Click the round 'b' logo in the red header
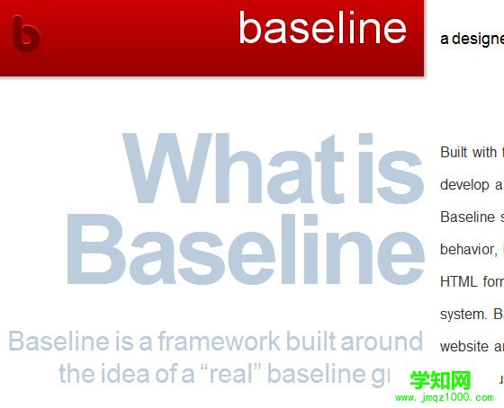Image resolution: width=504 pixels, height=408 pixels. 27,34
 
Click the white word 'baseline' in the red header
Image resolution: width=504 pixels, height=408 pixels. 322,28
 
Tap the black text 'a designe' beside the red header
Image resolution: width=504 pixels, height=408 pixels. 471,39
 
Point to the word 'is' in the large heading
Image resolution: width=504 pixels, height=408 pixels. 389,168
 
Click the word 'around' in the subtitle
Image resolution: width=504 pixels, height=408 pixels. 385,341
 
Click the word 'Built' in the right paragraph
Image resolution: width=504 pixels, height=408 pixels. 454,152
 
